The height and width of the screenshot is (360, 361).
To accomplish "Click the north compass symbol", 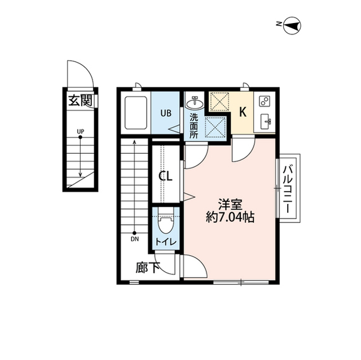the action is coord(292,25).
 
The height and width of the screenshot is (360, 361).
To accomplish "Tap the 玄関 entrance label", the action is coord(81,100).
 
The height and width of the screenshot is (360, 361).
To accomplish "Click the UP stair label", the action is coord(80,131).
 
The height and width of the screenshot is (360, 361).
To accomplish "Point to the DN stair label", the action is coord(135,239).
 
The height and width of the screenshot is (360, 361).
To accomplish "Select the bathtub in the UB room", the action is coord(135,113).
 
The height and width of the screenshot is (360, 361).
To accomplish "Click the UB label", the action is coord(166,113).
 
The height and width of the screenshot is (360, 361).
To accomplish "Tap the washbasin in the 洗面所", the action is coord(195,103).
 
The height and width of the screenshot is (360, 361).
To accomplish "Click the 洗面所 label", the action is coord(194,126).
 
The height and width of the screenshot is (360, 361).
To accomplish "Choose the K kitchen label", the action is coord(243,112).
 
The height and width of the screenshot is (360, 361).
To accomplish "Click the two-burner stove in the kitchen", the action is coord(265,101).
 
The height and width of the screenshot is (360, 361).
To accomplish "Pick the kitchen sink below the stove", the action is coord(266,121).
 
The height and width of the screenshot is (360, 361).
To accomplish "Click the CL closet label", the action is coord(165,176).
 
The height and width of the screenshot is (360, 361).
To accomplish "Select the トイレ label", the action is coord(166,242).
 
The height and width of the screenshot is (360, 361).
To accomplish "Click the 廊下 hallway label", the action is coord(148,268).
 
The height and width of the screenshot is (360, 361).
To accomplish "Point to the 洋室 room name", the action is coord(230,204).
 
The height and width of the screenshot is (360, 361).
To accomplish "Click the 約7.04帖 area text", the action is coord(230,217).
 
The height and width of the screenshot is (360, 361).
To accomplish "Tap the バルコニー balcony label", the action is coord(288,189).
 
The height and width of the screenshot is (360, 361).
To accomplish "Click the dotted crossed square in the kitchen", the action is coord(219,102).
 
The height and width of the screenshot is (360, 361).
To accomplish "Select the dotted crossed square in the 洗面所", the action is coord(215,127).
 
